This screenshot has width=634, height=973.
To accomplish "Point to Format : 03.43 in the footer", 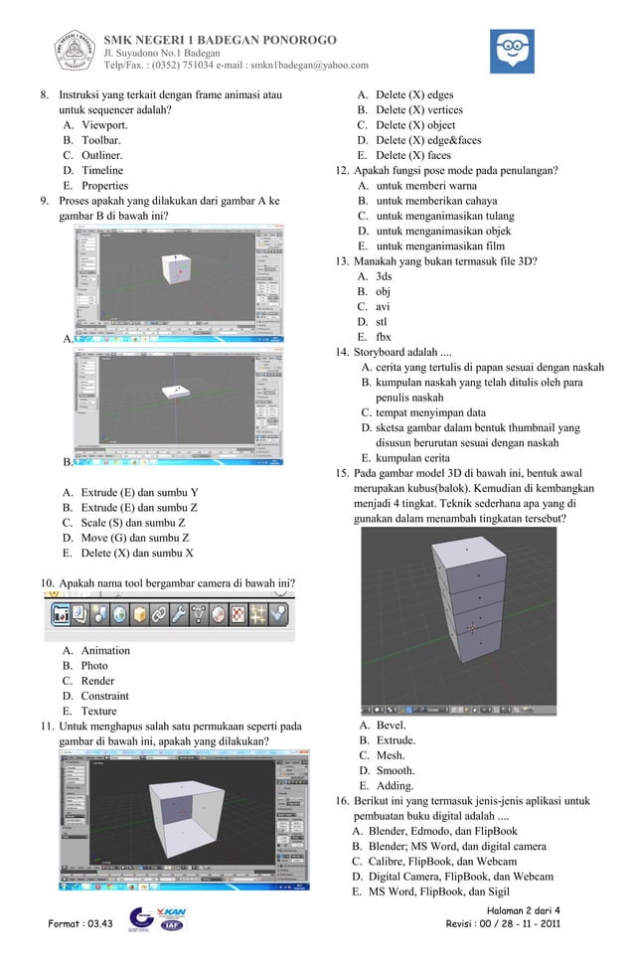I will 80,924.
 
